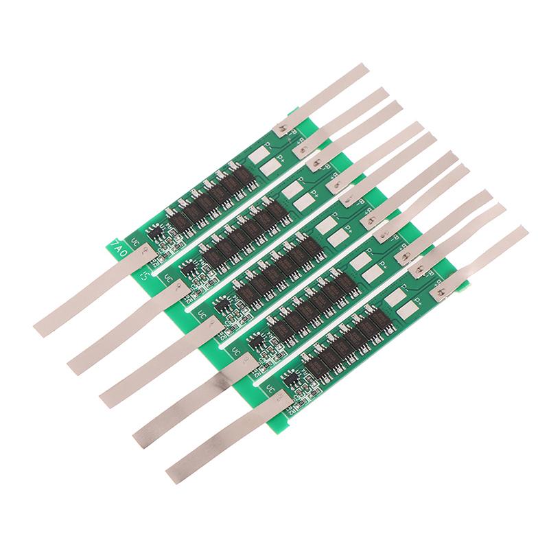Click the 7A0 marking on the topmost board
[x=119, y=245]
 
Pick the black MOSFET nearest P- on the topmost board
[x=240, y=174]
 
